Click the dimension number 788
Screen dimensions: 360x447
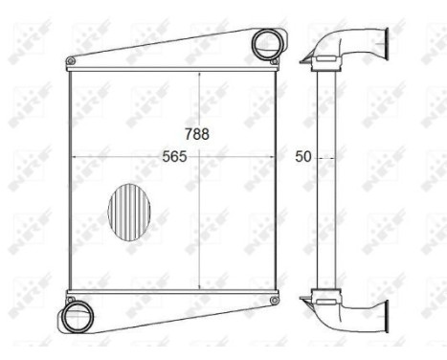198,135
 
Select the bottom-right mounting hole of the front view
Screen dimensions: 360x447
275,303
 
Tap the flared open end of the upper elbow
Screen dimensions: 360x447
385,46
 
